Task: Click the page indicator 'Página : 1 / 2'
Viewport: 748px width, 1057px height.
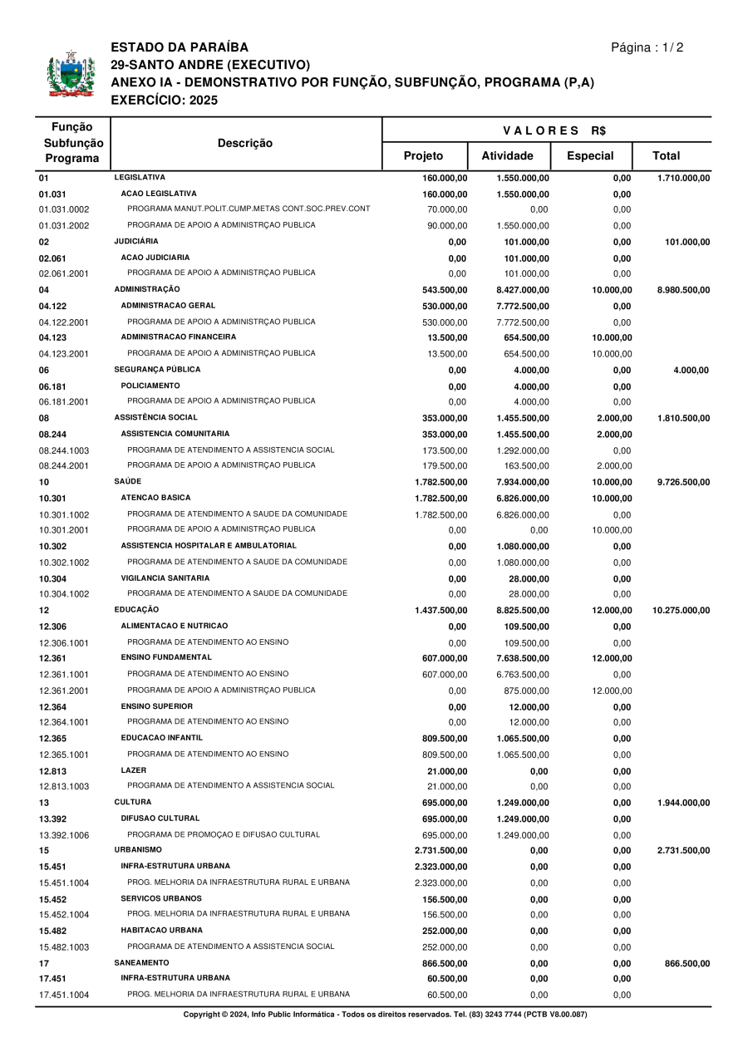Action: pyautogui.click(x=647, y=47)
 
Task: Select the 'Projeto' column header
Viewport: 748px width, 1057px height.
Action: pyautogui.click(x=423, y=156)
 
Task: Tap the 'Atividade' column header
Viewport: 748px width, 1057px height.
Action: pyautogui.click(x=507, y=156)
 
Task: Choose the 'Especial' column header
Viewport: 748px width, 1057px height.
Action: pyautogui.click(x=589, y=156)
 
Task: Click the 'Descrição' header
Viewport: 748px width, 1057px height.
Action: pyautogui.click(x=245, y=144)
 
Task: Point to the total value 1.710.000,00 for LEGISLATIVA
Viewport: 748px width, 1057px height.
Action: pyautogui.click(x=683, y=178)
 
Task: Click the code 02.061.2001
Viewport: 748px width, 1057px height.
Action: pyautogui.click(x=64, y=273)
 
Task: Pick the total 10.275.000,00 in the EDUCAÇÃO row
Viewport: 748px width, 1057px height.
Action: pyautogui.click(x=681, y=611)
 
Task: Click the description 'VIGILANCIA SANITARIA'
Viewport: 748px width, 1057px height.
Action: pyautogui.click(x=165, y=578)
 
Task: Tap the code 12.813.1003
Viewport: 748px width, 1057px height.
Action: pyautogui.click(x=64, y=786)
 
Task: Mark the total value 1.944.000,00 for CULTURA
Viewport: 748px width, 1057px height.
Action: pyautogui.click(x=683, y=804)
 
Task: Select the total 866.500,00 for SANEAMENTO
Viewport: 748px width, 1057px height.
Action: pyautogui.click(x=686, y=963)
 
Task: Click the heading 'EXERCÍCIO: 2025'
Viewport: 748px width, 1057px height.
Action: pyautogui.click(x=164, y=101)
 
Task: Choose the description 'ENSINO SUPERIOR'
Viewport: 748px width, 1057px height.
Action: pyautogui.click(x=156, y=706)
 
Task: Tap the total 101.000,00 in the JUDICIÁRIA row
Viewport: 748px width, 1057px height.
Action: pyautogui.click(x=686, y=242)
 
